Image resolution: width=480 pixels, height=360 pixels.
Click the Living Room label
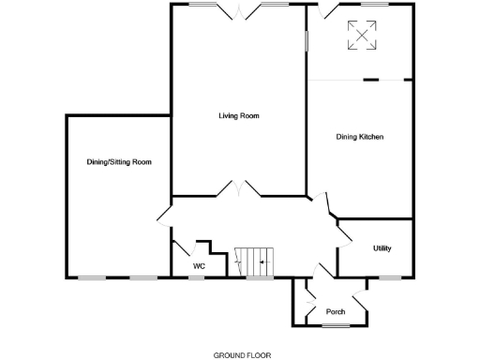point(238,116)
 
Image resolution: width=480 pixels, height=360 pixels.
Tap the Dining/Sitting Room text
point(119,162)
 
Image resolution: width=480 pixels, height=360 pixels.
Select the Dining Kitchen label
point(360,137)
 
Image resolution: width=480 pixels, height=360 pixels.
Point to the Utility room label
point(382,248)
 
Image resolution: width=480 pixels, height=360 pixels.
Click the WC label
point(198,266)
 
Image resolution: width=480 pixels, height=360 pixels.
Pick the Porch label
point(336,311)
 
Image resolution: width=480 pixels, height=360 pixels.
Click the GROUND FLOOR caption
point(242,355)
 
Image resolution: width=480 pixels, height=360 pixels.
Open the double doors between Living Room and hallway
point(240,190)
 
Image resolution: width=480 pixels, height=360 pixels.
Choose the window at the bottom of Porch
point(336,325)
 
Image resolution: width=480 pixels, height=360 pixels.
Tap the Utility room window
point(388,277)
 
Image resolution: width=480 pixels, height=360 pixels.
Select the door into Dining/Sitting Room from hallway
point(163,215)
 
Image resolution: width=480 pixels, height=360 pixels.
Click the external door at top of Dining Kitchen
point(323,11)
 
